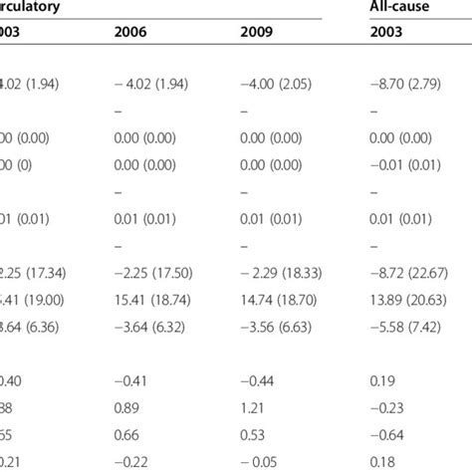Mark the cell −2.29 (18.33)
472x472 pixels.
click(x=287, y=255)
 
